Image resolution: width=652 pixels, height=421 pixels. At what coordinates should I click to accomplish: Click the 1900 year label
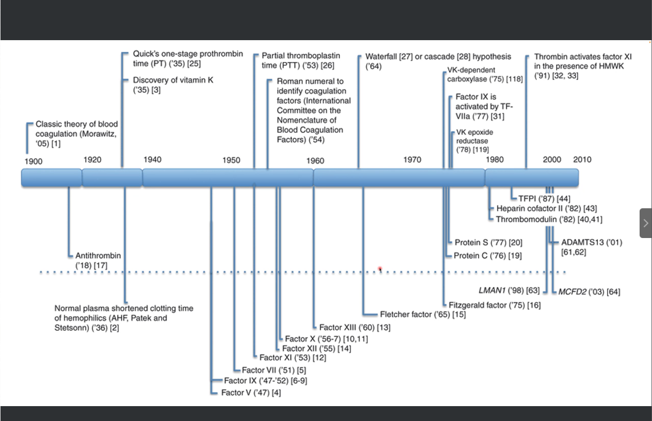(x=34, y=161)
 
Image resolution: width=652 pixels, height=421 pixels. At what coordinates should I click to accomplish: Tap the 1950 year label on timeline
(x=231, y=160)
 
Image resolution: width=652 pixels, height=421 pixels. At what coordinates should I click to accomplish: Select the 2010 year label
(x=582, y=160)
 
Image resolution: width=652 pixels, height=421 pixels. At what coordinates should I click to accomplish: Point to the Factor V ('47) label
(x=251, y=393)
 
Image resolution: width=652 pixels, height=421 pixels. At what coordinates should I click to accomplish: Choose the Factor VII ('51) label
(x=273, y=370)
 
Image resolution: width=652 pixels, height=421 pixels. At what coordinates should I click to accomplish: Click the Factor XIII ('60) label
(x=354, y=327)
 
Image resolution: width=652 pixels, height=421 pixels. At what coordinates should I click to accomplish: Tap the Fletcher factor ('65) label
(x=422, y=314)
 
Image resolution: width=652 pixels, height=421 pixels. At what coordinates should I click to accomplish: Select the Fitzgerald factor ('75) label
(x=494, y=305)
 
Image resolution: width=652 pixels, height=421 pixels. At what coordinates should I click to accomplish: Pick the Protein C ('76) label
(x=488, y=256)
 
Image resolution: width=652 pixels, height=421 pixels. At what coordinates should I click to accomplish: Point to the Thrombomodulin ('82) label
(x=549, y=219)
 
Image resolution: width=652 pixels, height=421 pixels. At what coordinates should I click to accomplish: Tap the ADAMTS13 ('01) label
(x=591, y=242)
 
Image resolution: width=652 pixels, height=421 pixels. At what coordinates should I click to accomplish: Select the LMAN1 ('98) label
(x=509, y=290)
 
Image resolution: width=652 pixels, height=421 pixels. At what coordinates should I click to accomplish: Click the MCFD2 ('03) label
(x=588, y=292)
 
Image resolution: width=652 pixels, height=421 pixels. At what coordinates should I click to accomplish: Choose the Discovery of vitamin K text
(x=173, y=80)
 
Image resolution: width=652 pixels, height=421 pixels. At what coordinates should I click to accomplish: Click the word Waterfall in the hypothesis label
(x=381, y=57)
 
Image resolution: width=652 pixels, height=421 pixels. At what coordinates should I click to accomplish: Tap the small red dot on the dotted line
(x=380, y=269)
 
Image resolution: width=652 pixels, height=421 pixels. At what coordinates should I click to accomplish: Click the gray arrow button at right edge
(x=646, y=223)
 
